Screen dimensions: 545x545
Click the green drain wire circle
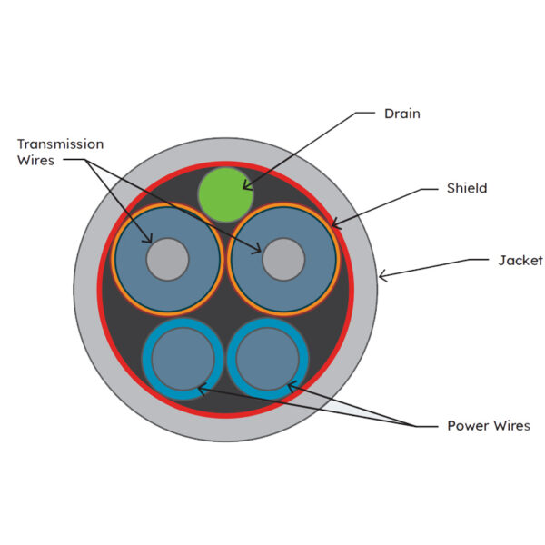point(225,194)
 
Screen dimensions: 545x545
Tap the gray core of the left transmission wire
point(167,259)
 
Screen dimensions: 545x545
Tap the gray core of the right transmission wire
point(283,259)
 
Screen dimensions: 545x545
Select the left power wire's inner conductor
point(183,359)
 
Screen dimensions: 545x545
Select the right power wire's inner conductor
point(268,359)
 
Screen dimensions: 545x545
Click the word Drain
point(402,114)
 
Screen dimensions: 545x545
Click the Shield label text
point(467,188)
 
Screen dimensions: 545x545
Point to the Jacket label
point(520,261)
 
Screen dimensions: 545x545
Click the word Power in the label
point(468,426)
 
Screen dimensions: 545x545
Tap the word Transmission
point(61,144)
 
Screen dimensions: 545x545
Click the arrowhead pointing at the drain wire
point(247,185)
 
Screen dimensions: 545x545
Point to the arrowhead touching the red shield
point(336,223)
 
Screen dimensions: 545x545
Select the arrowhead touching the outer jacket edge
point(383,276)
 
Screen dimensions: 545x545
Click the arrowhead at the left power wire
point(203,390)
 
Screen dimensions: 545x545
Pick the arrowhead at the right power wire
point(292,386)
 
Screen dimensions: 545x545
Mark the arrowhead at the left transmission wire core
point(148,238)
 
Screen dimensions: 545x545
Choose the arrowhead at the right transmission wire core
point(256,248)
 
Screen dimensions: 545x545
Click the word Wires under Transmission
point(35,161)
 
